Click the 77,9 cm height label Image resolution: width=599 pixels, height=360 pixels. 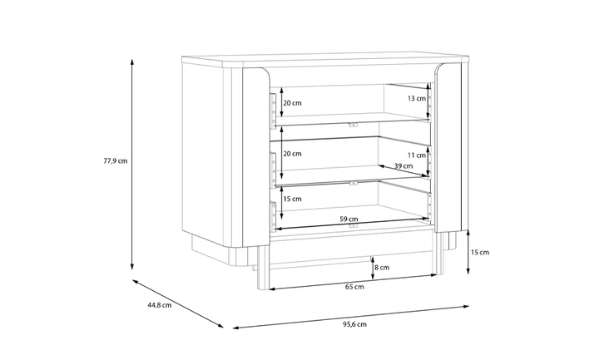[116, 160]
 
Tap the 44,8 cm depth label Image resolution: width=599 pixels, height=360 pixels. [159, 305]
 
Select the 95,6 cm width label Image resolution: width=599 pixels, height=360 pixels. [354, 324]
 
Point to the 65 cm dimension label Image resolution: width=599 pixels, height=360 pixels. [354, 287]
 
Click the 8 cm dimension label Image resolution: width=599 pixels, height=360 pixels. [382, 267]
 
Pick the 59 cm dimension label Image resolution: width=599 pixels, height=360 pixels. [349, 219]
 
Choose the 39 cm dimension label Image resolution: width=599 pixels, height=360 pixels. [403, 165]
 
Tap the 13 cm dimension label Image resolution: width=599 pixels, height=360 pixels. [417, 98]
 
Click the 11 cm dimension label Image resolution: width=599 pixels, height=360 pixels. [417, 155]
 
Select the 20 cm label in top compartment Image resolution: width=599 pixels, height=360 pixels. [292, 103]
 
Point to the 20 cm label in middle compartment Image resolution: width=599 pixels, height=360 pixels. [292, 154]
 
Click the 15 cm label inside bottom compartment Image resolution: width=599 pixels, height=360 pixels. [292, 199]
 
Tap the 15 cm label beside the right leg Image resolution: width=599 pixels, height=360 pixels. [480, 252]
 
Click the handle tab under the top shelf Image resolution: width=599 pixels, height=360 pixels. [354, 125]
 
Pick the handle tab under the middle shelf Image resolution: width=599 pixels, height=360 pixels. [354, 183]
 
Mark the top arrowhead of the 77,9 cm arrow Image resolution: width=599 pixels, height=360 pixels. [132, 62]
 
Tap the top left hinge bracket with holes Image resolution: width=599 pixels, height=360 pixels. [273, 110]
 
